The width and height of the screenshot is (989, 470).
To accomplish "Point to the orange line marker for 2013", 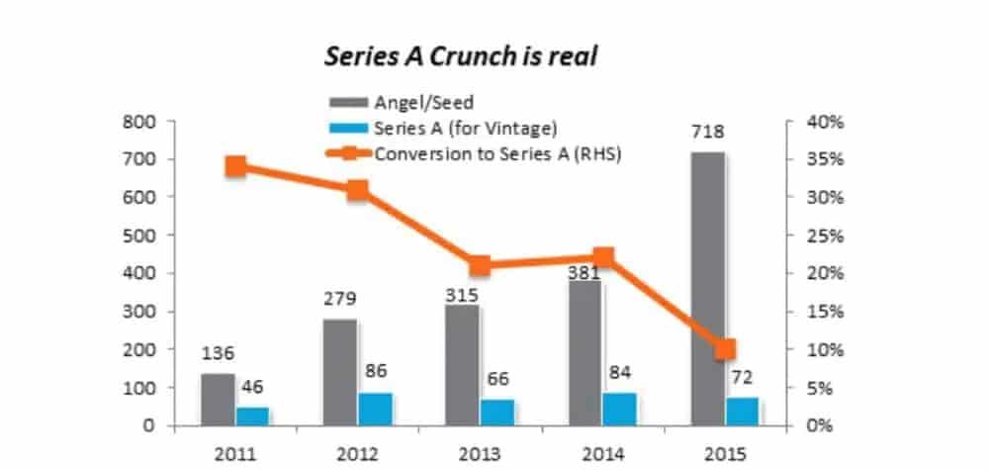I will [481, 265].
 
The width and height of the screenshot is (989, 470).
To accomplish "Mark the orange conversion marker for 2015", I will [725, 349].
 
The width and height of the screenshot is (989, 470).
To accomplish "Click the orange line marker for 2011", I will [235, 166].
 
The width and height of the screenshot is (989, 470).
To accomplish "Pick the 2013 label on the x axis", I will [480, 456].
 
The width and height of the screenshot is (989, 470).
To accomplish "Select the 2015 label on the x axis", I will [725, 456].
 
